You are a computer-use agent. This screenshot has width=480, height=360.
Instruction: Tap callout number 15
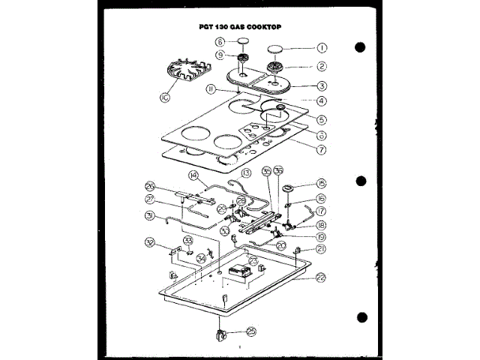click(x=320, y=184)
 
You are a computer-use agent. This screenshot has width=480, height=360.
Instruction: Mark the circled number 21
click(x=320, y=249)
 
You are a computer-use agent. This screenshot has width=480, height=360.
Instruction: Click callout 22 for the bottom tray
click(x=320, y=277)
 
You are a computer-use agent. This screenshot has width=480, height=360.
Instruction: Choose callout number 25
click(x=250, y=331)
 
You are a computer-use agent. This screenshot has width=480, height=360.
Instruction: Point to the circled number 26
click(x=149, y=187)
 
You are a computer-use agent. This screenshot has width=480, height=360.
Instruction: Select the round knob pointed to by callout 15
click(x=287, y=187)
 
